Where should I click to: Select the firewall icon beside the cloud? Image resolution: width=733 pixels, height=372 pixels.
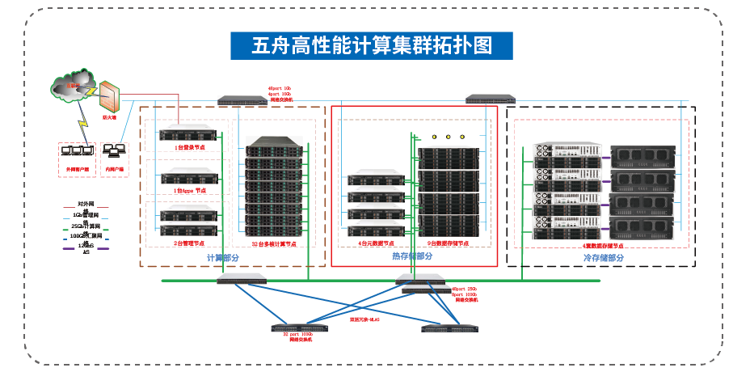(109, 97)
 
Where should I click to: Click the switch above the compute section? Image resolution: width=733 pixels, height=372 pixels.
(242, 101)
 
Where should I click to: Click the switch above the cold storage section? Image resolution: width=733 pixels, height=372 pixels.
(490, 99)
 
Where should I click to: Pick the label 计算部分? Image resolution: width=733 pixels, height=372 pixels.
(222, 258)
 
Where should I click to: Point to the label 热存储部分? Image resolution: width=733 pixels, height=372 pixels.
(412, 256)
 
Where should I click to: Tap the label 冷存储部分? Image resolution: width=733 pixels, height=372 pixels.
(604, 258)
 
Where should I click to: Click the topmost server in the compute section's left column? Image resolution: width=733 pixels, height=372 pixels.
(188, 133)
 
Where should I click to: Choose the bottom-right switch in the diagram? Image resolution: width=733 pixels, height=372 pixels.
(450, 328)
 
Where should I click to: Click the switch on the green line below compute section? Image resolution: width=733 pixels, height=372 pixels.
(242, 278)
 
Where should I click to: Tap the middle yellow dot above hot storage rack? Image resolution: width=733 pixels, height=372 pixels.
(448, 137)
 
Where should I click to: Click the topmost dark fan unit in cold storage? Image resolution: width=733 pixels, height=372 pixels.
(642, 156)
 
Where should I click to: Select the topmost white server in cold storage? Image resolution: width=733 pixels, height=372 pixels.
(567, 151)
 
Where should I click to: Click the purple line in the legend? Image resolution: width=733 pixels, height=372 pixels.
(86, 248)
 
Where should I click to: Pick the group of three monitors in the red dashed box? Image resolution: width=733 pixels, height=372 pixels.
(77, 150)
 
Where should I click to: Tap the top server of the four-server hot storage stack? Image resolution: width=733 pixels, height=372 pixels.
(376, 175)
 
